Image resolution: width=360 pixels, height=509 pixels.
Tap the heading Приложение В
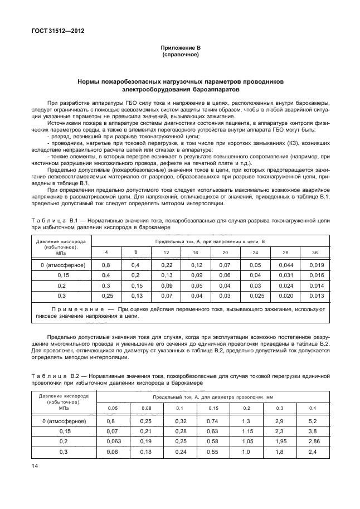(179, 49)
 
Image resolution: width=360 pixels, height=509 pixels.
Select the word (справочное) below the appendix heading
(179, 55)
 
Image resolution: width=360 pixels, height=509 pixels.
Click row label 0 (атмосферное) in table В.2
(62, 421)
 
